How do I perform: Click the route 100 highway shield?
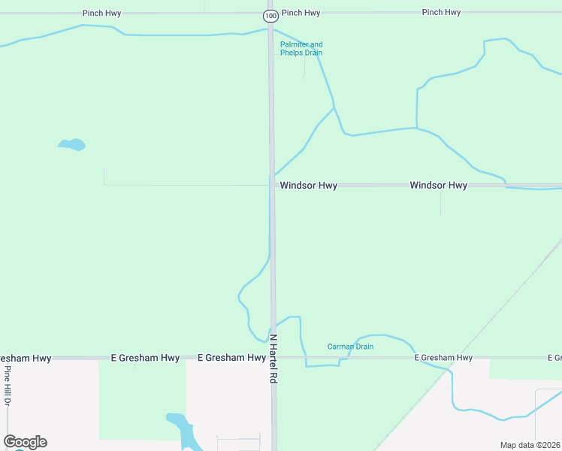270,15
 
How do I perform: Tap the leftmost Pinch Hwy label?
101,14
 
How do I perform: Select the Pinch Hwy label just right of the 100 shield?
301,13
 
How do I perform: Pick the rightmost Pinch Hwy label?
441,13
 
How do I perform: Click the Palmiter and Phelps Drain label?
301,49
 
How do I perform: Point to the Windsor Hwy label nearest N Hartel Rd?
308,185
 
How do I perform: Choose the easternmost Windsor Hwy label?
438,185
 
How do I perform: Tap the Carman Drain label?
350,347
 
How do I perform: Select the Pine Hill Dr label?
8,388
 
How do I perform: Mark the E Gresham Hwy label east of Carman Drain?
443,358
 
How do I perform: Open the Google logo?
25,442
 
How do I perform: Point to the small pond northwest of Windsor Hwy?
72,144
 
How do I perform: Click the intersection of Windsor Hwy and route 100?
271,185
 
